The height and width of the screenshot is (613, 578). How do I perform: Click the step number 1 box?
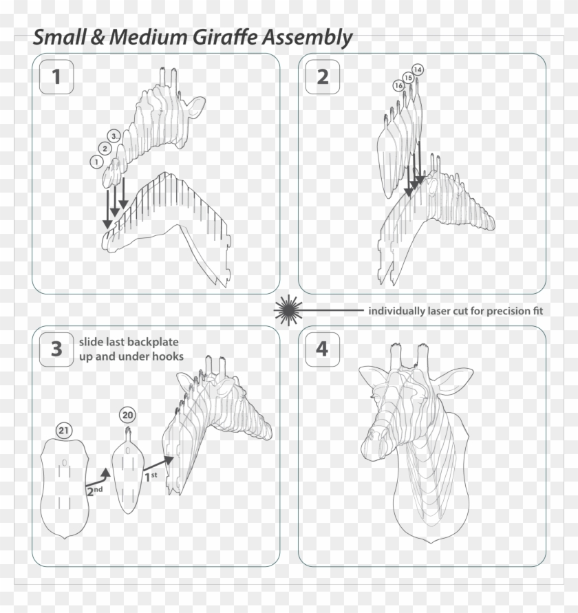(56, 77)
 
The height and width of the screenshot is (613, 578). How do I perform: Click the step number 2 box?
(322, 77)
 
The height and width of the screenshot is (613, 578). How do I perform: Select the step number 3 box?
(56, 349)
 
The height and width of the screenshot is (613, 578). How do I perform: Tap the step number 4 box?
(322, 349)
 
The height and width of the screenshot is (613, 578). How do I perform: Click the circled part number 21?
(64, 431)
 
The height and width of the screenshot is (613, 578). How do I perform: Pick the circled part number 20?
(127, 414)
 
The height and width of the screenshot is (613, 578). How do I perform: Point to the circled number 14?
(418, 69)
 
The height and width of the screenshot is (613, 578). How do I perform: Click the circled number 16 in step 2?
(398, 85)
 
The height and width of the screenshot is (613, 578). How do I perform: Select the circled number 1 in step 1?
(96, 161)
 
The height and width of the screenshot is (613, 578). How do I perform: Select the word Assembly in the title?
(306, 39)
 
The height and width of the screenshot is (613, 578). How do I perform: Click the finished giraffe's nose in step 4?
(372, 440)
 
